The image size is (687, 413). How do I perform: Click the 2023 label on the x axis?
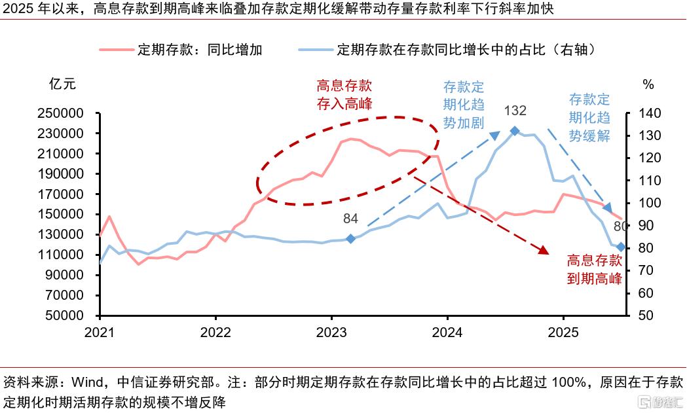click(x=331, y=332)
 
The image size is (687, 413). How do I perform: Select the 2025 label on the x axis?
click(x=563, y=332)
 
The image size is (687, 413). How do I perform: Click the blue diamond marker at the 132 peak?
click(x=515, y=131)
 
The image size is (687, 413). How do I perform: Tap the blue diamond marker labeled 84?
click(x=350, y=239)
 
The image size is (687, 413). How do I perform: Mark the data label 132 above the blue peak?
click(x=515, y=111)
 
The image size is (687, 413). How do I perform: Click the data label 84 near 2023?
click(x=350, y=218)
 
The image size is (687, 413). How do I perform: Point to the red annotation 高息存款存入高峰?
click(x=344, y=94)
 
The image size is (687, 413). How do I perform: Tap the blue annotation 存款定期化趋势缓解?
click(x=589, y=118)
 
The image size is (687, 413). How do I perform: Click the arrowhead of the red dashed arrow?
click(x=542, y=250)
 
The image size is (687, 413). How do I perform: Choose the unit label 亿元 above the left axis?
click(x=63, y=84)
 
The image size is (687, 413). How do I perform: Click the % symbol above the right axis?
click(x=648, y=84)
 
